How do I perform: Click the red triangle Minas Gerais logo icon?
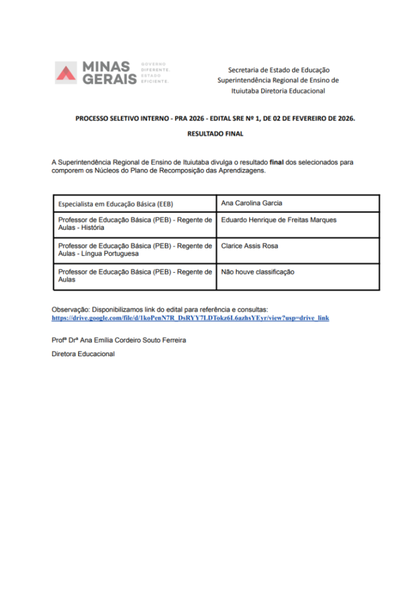[x=65, y=72]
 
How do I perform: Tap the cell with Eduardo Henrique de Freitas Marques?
[x=278, y=220]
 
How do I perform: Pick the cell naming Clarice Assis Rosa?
[x=249, y=246]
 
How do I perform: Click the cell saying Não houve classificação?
[x=258, y=272]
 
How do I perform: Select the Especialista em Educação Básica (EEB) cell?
[x=116, y=204]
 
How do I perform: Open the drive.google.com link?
[x=190, y=319]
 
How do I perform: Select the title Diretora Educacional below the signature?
[x=83, y=354]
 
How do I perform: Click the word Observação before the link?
[x=70, y=310]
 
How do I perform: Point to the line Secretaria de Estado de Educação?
[x=278, y=69]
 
